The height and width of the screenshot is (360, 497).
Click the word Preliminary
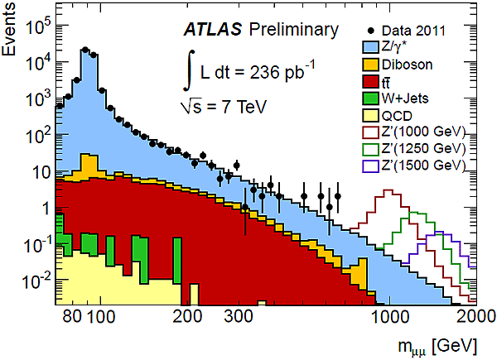pos(294,31)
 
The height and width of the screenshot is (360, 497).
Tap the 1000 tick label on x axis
pos(388,316)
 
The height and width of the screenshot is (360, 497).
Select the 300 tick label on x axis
pos(238,316)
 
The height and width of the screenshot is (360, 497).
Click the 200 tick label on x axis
pos(186,316)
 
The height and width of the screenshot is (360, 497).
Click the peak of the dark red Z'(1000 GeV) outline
pos(386,192)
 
